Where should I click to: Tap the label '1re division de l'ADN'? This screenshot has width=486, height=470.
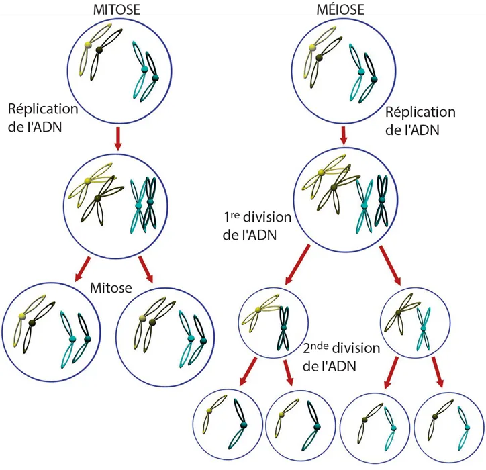(258, 226)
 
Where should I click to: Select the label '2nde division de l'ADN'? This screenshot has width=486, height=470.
(341, 357)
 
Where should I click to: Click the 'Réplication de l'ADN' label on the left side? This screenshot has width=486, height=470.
(42, 117)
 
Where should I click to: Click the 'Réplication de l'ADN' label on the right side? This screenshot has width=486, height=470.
(420, 121)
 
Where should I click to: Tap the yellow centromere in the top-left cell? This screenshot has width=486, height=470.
(87, 46)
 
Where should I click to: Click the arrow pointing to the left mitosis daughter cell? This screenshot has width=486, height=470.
(81, 269)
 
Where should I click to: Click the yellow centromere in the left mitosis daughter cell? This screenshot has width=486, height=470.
(22, 316)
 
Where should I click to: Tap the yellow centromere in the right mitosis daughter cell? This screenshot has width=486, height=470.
(142, 319)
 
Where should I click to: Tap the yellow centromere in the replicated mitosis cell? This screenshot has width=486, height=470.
(87, 182)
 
